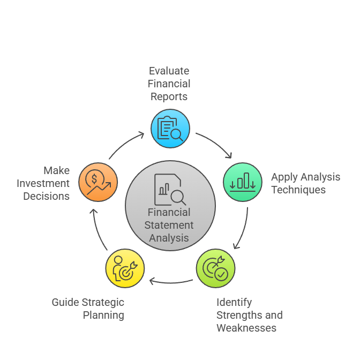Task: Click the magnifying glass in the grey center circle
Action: (x=177, y=197)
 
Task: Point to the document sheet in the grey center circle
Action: (x=164, y=188)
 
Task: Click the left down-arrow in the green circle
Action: (x=232, y=185)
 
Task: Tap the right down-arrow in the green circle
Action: (x=252, y=185)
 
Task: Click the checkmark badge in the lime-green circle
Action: (x=220, y=274)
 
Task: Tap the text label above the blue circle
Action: (x=169, y=85)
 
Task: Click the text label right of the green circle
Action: (x=305, y=184)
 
